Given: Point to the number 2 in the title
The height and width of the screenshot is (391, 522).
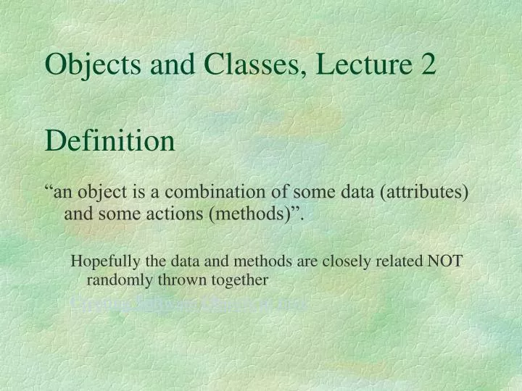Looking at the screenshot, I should [x=428, y=65].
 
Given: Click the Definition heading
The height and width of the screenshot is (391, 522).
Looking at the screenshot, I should [x=110, y=140].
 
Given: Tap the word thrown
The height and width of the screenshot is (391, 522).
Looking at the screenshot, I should [x=176, y=279].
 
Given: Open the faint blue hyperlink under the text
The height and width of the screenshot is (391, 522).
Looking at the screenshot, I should [x=188, y=303].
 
